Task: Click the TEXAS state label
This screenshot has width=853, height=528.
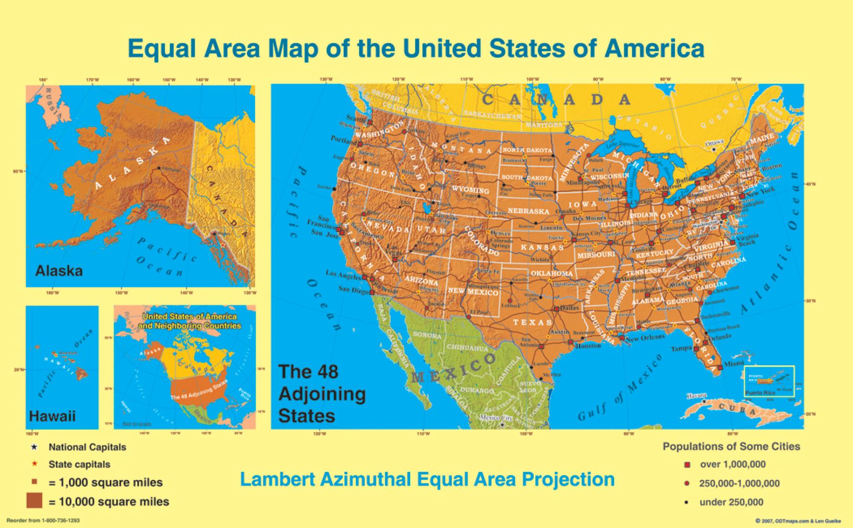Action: (533, 322)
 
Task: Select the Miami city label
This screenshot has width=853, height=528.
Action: (734, 364)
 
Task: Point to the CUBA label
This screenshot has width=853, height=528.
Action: (737, 409)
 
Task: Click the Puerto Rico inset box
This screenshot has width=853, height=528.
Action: (769, 381)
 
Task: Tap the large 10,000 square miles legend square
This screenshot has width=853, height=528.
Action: (35, 501)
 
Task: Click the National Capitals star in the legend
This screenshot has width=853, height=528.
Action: (34, 447)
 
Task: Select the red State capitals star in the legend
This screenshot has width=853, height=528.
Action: (34, 464)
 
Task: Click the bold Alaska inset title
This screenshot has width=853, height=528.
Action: (59, 271)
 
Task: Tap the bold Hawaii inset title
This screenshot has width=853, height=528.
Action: (52, 416)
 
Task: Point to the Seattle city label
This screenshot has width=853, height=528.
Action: (355, 119)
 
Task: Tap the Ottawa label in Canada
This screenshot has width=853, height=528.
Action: (714, 143)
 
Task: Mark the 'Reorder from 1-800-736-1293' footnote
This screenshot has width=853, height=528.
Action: (43, 520)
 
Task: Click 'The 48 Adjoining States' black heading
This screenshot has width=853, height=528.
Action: (322, 394)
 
